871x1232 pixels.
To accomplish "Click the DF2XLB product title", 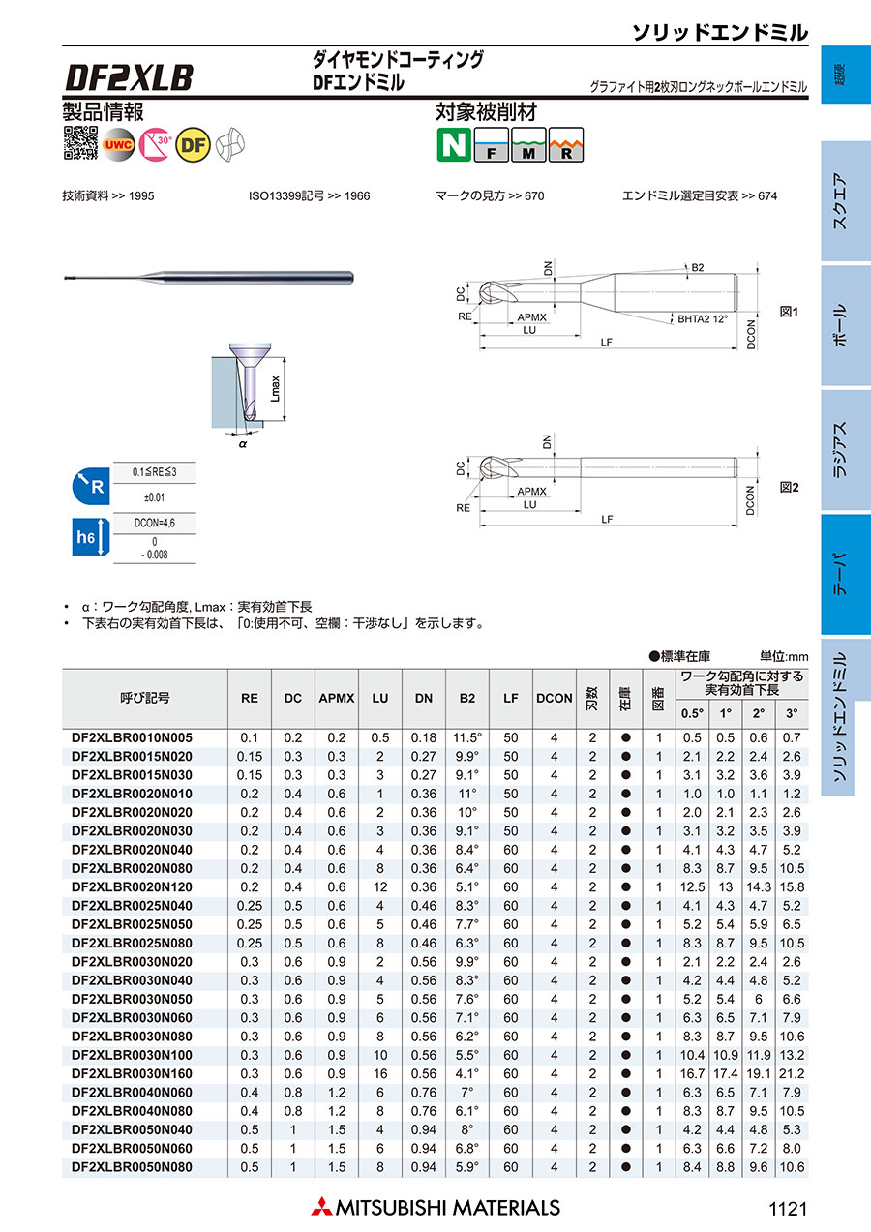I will click(x=129, y=76).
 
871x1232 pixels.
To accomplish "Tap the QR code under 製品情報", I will click(x=80, y=142).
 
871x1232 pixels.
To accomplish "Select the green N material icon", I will click(x=452, y=144).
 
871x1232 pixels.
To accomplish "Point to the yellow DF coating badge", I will click(x=195, y=143).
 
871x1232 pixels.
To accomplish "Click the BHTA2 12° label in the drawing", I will click(x=702, y=316).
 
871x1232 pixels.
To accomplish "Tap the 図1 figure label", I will click(x=789, y=313).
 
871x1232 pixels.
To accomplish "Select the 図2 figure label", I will click(x=789, y=488).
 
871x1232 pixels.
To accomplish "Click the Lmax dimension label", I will click(x=276, y=387).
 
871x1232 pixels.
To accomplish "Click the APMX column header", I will click(x=337, y=698).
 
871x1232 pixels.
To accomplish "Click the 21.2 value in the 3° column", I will click(x=792, y=1073).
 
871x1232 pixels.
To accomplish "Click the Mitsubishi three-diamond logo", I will click(x=320, y=1207).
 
